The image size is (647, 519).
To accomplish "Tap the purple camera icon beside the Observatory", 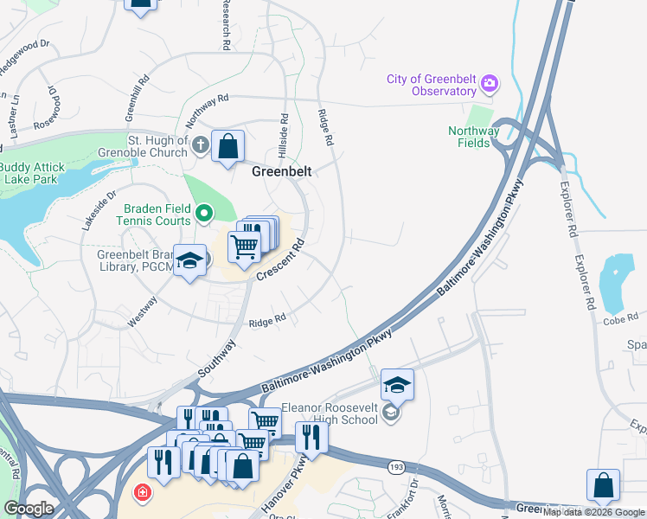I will point(490,83).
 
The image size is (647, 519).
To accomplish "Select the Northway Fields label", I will point(473,137).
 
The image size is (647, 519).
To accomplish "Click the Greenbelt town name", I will point(281,171).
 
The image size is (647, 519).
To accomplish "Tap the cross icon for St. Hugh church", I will point(200,145).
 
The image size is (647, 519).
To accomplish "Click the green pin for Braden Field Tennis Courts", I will point(204,212).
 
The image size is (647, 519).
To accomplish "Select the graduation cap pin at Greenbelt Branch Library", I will point(189,261).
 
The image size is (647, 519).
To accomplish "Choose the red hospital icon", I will point(140,493).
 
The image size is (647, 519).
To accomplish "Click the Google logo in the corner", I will point(28,509).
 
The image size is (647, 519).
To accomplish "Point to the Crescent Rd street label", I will point(283,259).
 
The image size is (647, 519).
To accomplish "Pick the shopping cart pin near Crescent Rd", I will point(245,246).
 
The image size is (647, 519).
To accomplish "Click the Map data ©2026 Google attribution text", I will point(593,512).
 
